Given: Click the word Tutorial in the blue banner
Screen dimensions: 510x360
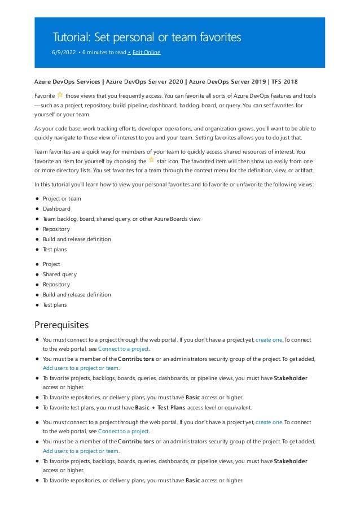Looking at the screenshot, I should (72, 37).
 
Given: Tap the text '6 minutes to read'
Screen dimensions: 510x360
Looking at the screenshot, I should (104, 53).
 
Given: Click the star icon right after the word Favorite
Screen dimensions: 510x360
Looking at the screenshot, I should (60, 95).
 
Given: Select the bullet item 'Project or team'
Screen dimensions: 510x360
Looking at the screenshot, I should (62, 199).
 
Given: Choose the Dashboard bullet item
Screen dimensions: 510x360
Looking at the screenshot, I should (56, 209).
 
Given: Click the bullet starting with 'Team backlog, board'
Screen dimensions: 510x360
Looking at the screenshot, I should (121, 219).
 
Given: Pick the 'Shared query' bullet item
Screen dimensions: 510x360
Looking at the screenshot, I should (60, 274).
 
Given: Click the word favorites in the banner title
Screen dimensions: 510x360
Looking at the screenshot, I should (217, 37).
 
